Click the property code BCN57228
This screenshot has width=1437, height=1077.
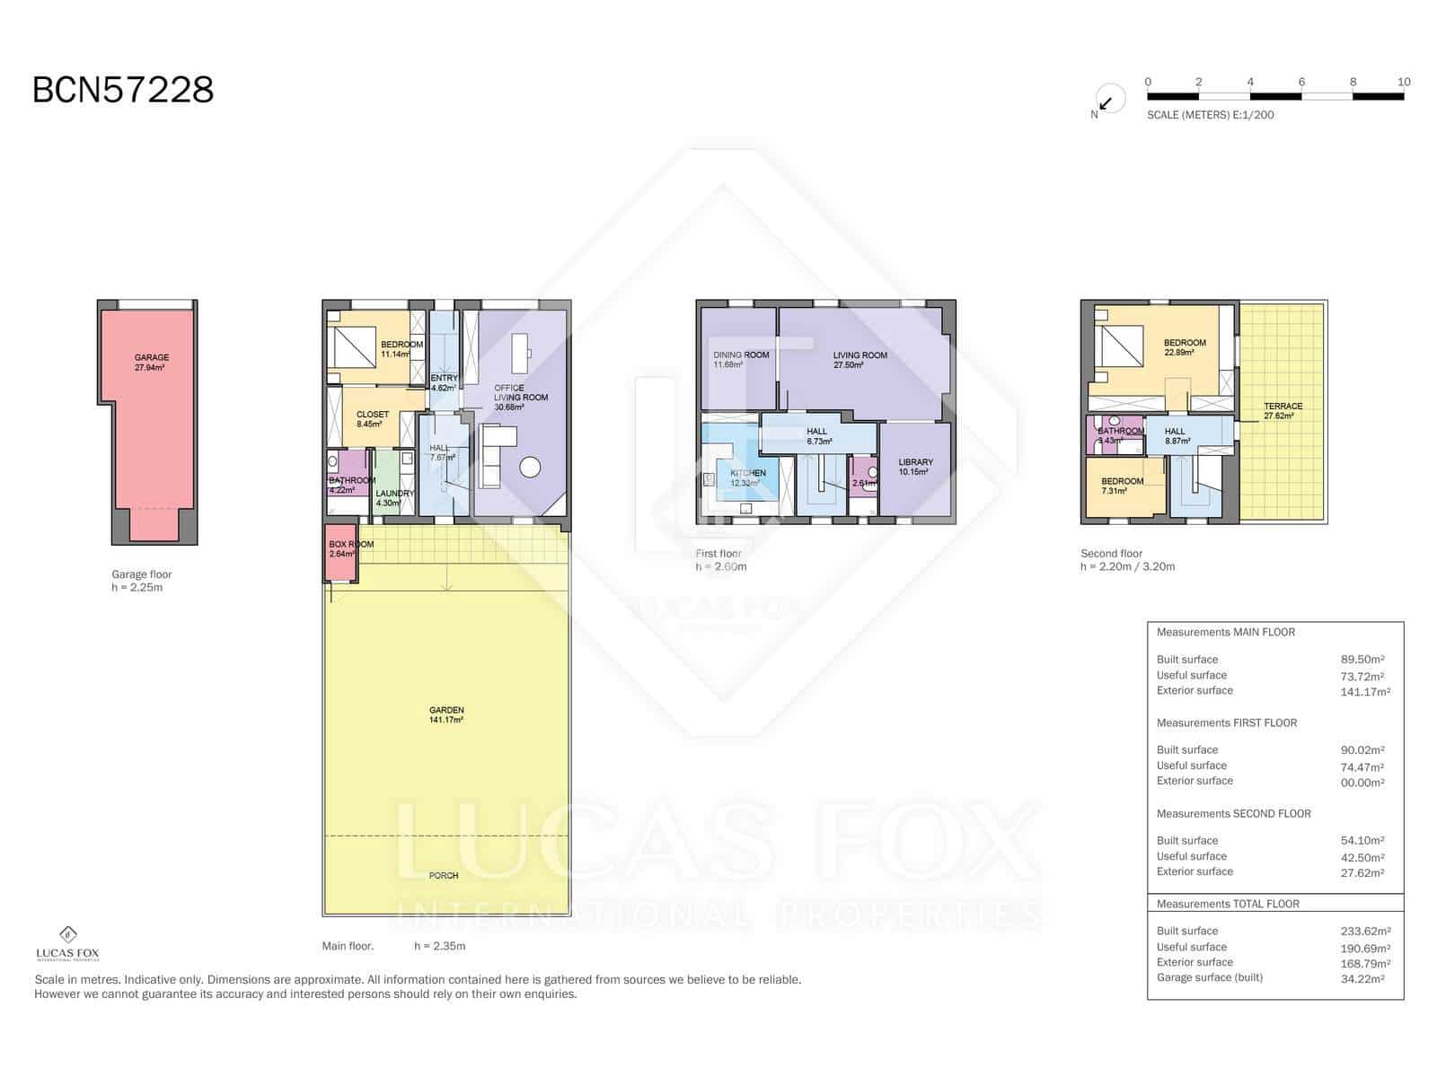[x=123, y=90]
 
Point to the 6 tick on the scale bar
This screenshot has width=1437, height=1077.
[x=1301, y=83]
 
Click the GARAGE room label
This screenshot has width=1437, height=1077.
[x=151, y=362]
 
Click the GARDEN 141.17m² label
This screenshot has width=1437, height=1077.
[x=446, y=714]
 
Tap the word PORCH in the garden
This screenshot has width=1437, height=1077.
[x=444, y=875]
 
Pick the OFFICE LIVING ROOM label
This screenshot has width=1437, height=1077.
[x=520, y=398]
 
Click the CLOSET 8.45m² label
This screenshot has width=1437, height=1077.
[x=372, y=419]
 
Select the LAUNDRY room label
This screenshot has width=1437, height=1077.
[x=394, y=498]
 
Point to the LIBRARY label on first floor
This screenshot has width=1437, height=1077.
[x=915, y=467]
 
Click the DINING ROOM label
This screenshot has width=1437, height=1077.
[x=741, y=359]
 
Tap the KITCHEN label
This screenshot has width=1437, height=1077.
[x=747, y=477]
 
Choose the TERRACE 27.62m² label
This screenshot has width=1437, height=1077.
[x=1282, y=410]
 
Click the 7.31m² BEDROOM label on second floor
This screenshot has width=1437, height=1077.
[x=1122, y=486]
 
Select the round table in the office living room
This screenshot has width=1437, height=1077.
[x=530, y=467]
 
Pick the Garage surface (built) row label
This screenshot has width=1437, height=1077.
[x=1209, y=977]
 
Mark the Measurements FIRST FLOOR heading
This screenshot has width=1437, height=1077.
[x=1226, y=722]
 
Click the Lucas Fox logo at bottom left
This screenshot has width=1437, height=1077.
[x=67, y=943]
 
